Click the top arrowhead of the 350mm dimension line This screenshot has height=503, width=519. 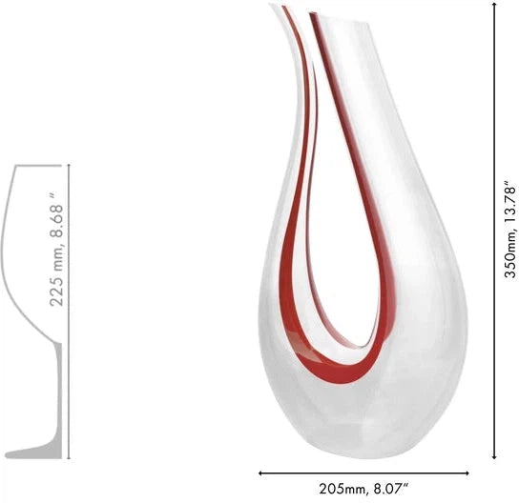click(494, 8)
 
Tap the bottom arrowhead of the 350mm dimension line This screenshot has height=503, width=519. click(494, 455)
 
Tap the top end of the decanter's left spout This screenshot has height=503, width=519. click(280, 10)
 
